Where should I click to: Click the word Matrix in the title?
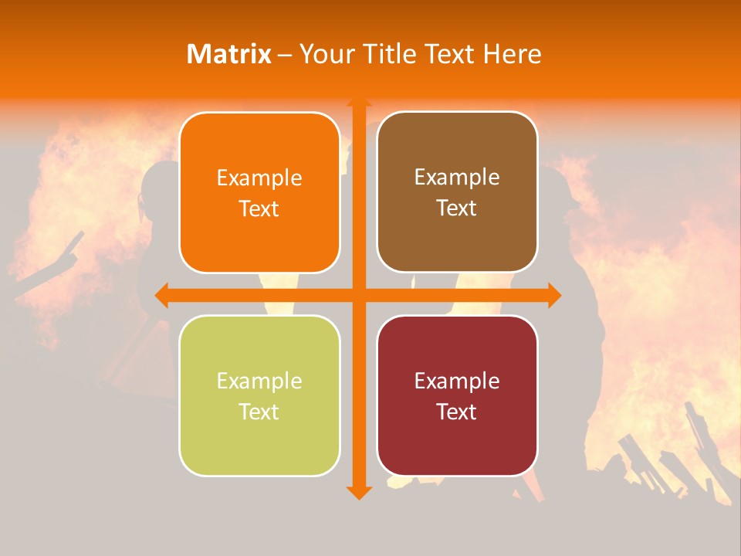228,54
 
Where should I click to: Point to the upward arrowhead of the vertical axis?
357,103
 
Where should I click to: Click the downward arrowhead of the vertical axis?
357,492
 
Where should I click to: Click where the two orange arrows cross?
357,295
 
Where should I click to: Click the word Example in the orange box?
259,178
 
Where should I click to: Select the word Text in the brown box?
457,208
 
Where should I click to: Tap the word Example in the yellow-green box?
259,381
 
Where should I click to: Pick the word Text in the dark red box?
457,412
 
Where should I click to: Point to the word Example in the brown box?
457,178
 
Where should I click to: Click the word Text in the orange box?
259,209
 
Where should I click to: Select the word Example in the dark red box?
457,381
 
